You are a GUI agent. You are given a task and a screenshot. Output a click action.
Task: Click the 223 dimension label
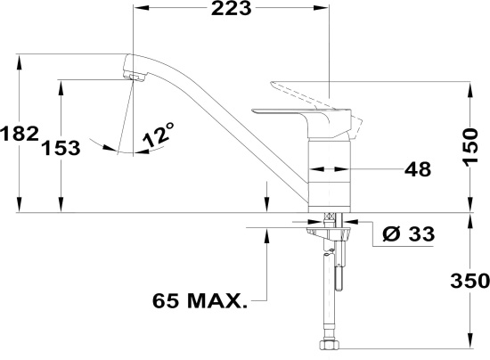pyautogui.click(x=232, y=8)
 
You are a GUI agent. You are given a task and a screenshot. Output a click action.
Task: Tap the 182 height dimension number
pyautogui.click(x=20, y=134)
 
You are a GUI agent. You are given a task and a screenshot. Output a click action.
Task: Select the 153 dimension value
pyautogui.click(x=61, y=148)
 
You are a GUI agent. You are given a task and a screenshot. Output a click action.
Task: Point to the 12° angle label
pyautogui.click(x=159, y=134)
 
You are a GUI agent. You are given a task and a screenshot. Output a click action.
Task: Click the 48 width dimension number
pyautogui.click(x=418, y=169)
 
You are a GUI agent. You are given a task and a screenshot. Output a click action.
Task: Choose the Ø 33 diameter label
pyautogui.click(x=408, y=233)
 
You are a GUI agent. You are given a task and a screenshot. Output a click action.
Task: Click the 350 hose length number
pyautogui.click(x=470, y=281)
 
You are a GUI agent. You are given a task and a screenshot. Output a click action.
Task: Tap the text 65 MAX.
pyautogui.click(x=200, y=301)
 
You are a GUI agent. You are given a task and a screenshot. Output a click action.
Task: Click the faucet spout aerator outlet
pyautogui.click(x=135, y=77)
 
